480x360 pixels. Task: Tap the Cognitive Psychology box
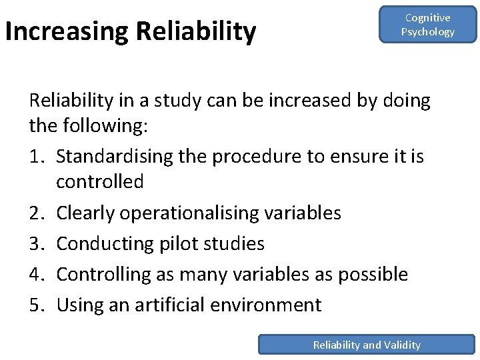[x=427, y=25]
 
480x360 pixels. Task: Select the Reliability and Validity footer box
[x=367, y=345]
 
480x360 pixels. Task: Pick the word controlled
[x=100, y=181]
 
